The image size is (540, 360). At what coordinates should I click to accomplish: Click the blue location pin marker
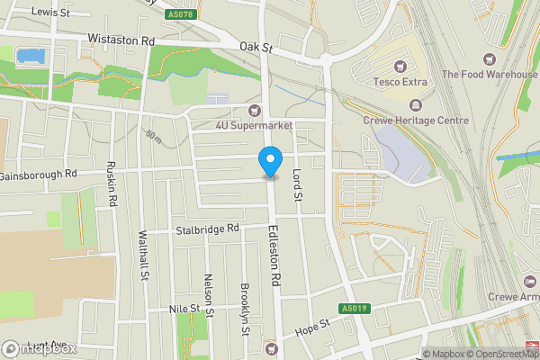(269, 162)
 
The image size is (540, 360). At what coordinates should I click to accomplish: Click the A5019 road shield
(354, 309)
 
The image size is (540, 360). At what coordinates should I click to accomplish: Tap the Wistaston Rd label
(121, 40)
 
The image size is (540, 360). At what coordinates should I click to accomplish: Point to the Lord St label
(299, 184)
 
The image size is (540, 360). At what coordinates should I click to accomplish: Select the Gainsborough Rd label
(40, 174)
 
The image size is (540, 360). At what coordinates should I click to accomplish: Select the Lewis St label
(49, 12)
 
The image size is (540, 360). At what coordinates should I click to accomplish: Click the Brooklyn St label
(245, 309)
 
